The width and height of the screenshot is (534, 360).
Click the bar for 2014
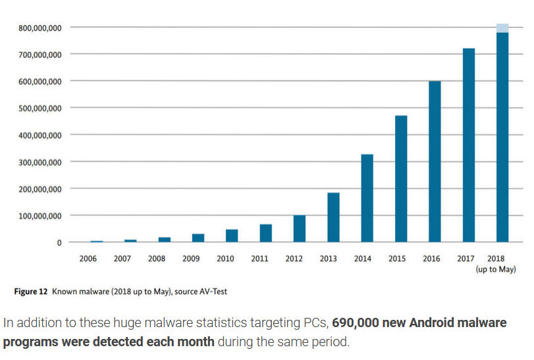point(367,198)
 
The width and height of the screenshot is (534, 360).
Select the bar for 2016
point(435,161)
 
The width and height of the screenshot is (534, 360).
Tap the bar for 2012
point(299,228)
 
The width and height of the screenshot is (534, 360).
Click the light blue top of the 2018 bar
point(502,28)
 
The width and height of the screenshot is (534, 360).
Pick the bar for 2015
point(401,178)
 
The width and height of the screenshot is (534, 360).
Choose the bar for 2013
point(333,217)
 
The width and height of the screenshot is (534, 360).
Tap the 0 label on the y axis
point(59,243)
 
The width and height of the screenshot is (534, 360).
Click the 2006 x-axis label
point(88,259)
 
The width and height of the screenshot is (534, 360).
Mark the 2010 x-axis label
point(225,259)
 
